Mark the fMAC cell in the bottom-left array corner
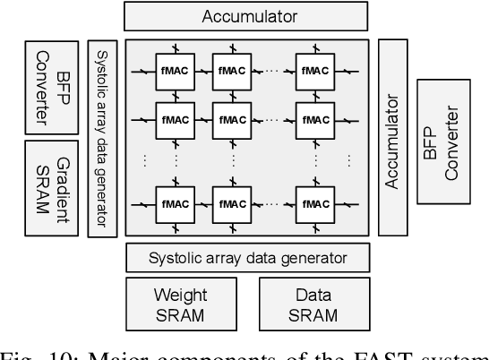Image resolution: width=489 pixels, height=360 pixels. point(174,201)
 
